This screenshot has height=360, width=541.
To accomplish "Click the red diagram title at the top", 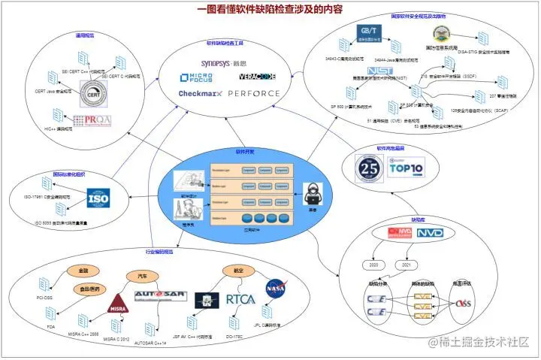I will [x=270, y=10].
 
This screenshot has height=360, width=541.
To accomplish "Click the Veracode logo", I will [x=258, y=77].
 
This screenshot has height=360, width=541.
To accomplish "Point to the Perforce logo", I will [x=253, y=94].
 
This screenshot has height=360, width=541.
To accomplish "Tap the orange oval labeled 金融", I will [x=83, y=270].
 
